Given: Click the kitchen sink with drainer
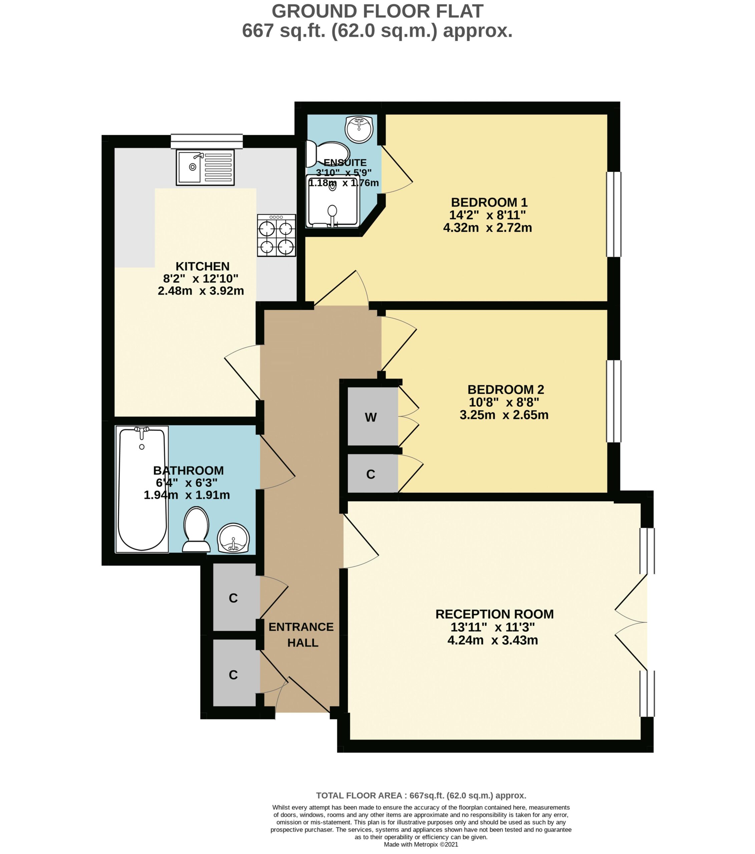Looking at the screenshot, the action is [x=205, y=167].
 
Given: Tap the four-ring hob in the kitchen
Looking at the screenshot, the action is [x=276, y=235].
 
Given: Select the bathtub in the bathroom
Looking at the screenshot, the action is [x=142, y=489].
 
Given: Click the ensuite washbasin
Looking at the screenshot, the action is [x=359, y=129].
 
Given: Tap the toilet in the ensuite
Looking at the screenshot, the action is [x=328, y=154].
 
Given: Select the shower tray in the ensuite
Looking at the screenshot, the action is [x=333, y=201].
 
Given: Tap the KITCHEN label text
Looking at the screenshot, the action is [x=203, y=266].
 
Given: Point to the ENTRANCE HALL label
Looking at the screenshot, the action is [x=301, y=634].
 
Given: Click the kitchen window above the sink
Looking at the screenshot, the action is [x=207, y=141].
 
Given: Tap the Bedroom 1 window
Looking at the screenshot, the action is [x=613, y=215].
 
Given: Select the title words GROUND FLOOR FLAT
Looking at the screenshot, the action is [x=377, y=11].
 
